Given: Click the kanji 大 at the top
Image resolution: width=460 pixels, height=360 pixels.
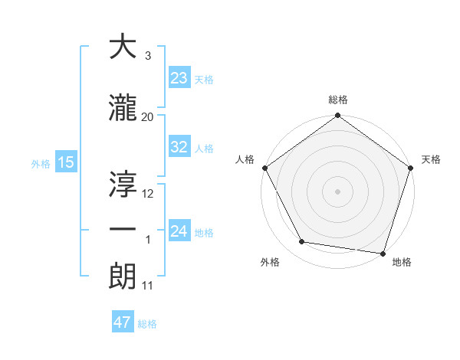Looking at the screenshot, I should coord(123,47).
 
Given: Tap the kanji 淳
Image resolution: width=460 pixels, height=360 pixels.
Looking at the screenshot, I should coord(123,184).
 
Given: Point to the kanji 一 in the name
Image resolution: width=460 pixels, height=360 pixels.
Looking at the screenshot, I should coord(123,230).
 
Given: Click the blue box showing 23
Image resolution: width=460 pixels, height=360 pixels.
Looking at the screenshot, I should coord(179,78).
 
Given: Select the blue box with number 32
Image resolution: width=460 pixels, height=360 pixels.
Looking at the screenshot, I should coord(179,147).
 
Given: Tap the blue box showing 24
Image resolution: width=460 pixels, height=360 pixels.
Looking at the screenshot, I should coord(179,231).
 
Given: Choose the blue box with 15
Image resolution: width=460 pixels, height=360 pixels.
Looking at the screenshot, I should coord(65,163).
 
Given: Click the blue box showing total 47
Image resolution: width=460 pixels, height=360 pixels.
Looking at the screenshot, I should coord(122,322).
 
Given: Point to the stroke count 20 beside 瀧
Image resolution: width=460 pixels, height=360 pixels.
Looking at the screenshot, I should coord(148,116).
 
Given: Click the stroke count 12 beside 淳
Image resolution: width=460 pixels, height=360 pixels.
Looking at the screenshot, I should coord(149,194).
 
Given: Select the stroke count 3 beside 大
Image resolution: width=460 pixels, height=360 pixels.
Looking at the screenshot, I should coord(147,56).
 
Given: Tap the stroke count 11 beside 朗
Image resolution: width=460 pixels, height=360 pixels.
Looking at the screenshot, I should coord(148,286).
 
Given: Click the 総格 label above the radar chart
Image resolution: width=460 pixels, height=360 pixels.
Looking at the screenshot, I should coord(338,100).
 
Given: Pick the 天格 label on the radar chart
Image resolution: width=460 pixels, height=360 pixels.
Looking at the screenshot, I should coord(432,159).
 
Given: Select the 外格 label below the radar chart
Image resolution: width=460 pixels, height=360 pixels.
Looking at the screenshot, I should coord(270,262).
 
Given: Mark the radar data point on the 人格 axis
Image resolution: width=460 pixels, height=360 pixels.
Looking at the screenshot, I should coord(265,168).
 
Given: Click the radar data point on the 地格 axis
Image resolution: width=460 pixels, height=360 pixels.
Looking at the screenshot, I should coord(383,252).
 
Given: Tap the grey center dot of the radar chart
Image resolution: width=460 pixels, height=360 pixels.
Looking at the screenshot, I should coord(338,191).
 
